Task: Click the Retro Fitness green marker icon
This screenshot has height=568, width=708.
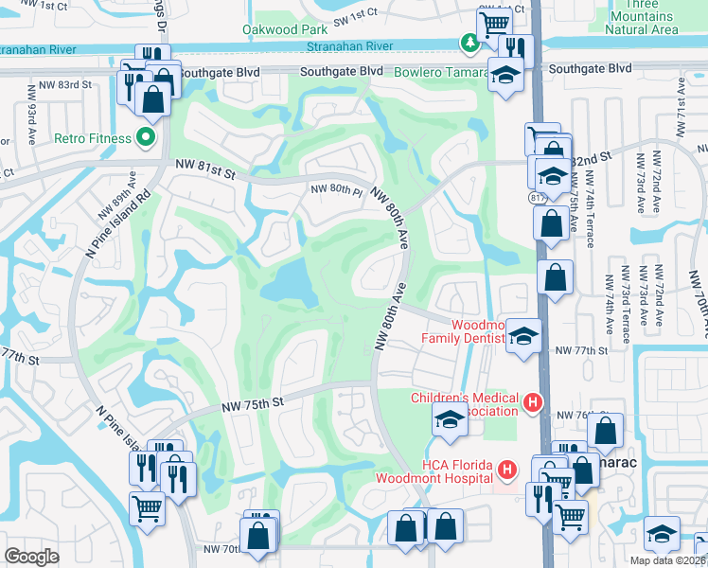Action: point(146,138)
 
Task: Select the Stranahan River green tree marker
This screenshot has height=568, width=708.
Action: point(469,43)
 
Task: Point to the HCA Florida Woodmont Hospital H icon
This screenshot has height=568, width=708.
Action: point(508,470)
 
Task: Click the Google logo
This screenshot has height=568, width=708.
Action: point(31,556)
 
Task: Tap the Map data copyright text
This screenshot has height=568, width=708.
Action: point(668,560)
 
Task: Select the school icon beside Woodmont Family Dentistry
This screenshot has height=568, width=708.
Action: point(522,336)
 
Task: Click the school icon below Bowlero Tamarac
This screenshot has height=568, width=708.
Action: point(505,74)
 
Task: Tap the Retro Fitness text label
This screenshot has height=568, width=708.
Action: point(92,138)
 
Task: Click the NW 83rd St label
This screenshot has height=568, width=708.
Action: point(73,84)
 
